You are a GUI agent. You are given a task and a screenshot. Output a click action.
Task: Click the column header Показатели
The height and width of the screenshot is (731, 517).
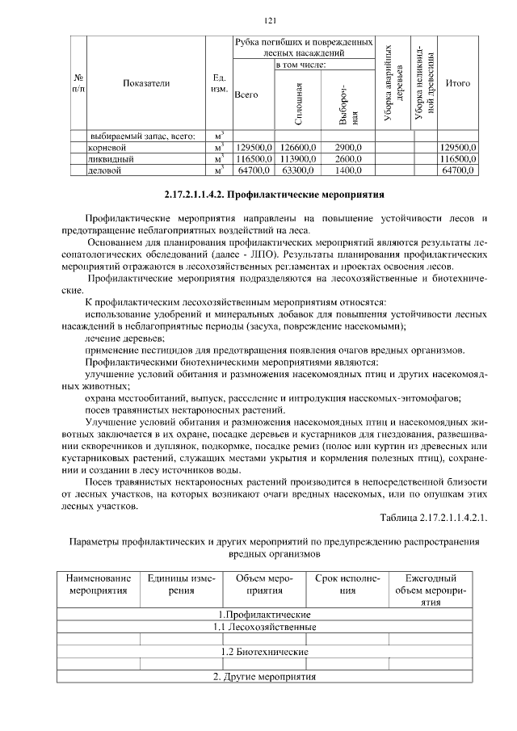tap(146, 83)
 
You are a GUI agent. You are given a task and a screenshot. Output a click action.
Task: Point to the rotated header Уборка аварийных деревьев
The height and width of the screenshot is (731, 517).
tap(393, 83)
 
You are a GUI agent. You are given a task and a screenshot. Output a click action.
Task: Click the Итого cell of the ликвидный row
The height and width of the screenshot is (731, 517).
tap(457, 160)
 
